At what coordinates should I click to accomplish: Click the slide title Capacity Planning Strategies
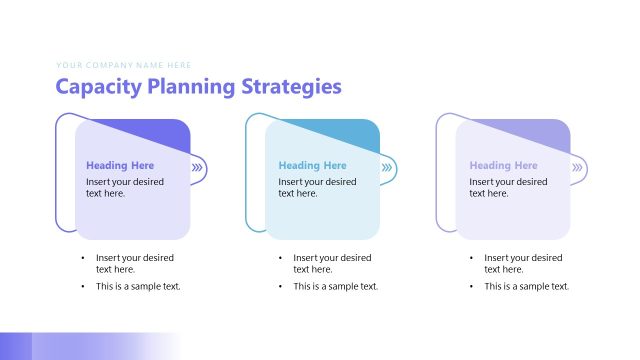[198, 87]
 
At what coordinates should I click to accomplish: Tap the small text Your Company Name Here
[125, 65]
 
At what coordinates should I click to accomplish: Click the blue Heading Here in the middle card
[312, 166]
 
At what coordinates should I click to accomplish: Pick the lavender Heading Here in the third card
[503, 166]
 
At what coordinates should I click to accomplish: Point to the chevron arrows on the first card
[197, 168]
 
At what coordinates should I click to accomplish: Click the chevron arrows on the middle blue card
[387, 168]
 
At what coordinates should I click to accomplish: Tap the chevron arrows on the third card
[577, 168]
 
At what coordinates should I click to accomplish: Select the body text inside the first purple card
[125, 188]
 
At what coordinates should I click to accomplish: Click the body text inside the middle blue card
[317, 188]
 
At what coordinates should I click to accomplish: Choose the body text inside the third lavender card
[508, 188]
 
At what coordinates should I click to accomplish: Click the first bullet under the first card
[134, 263]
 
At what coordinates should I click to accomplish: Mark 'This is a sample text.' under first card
[138, 287]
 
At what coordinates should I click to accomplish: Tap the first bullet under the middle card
[332, 263]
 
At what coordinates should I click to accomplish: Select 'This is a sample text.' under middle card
[336, 287]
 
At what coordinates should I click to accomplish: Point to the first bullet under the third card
[523, 263]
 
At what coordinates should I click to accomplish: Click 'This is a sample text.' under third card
[527, 287]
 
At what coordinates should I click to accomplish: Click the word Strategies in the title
[291, 87]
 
